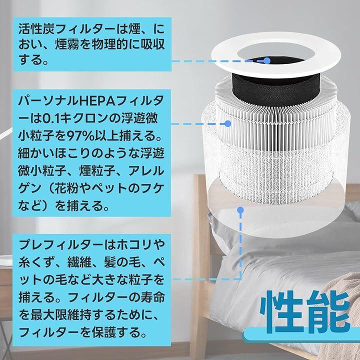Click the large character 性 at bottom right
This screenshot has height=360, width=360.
[x=282, y=311]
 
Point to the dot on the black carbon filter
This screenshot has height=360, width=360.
[x=266, y=61]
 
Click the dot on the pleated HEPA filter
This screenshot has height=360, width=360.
[x=227, y=124]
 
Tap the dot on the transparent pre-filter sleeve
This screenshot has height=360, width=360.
[x=240, y=210]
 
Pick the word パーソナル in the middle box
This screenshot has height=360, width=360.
[x=48, y=101]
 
